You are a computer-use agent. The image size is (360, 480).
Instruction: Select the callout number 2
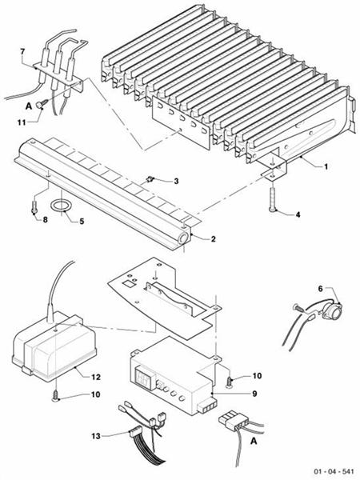pos(213,238)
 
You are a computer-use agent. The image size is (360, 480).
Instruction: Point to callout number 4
pos(298,214)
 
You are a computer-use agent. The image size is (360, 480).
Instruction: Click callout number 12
pos(94,375)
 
